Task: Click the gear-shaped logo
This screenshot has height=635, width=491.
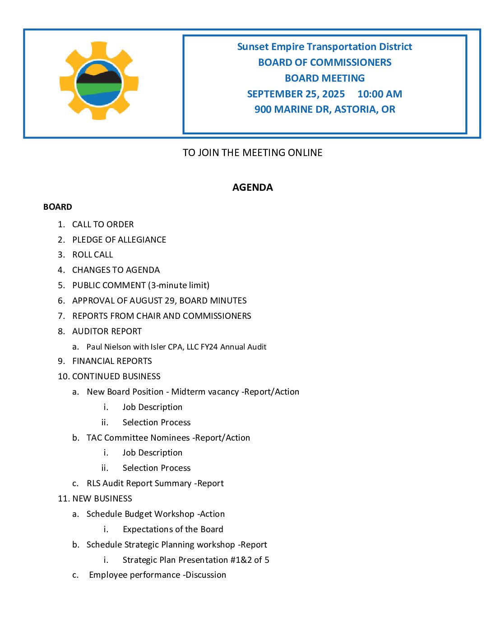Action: coord(99,81)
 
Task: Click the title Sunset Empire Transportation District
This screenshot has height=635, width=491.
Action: coord(324,47)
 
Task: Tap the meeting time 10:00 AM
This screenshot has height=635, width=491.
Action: coord(380,94)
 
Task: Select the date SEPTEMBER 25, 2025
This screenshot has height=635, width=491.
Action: coord(296,94)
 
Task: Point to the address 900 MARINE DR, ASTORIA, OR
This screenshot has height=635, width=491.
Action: coord(324,110)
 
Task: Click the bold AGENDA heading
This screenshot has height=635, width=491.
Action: coord(252,188)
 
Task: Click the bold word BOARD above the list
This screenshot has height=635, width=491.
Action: coord(57,207)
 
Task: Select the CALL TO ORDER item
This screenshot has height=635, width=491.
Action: coord(103,225)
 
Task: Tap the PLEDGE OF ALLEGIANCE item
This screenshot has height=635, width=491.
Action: coord(119,240)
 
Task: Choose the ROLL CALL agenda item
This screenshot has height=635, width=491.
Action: coord(93,255)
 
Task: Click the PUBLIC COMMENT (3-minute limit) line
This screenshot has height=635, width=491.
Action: coord(141,285)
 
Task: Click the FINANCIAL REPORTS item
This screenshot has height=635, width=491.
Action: coord(112,361)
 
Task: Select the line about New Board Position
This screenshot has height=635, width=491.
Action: coord(193,392)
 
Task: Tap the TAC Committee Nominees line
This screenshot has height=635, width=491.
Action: coord(168,438)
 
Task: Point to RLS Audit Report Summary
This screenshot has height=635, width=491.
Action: coord(155,483)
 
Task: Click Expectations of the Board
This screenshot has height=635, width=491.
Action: coord(173,529)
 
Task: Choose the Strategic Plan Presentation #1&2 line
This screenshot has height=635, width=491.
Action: coord(196,560)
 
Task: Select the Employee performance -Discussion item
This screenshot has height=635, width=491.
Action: coord(157,575)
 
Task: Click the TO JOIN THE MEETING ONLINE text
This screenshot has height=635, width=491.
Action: coord(252,153)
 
